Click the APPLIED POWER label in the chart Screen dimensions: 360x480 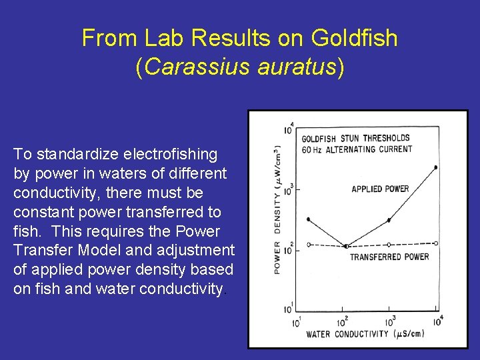380,189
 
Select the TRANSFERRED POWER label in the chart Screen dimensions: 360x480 389,257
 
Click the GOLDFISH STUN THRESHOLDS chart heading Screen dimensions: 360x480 355,139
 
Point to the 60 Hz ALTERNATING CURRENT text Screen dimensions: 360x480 357,149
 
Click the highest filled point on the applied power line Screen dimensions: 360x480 436,167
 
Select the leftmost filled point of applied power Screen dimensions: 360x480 308,219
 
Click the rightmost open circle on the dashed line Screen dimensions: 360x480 436,243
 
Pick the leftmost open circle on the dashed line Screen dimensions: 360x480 308,245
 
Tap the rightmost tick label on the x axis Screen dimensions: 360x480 437,321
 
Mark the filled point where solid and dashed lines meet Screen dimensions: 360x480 345,246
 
